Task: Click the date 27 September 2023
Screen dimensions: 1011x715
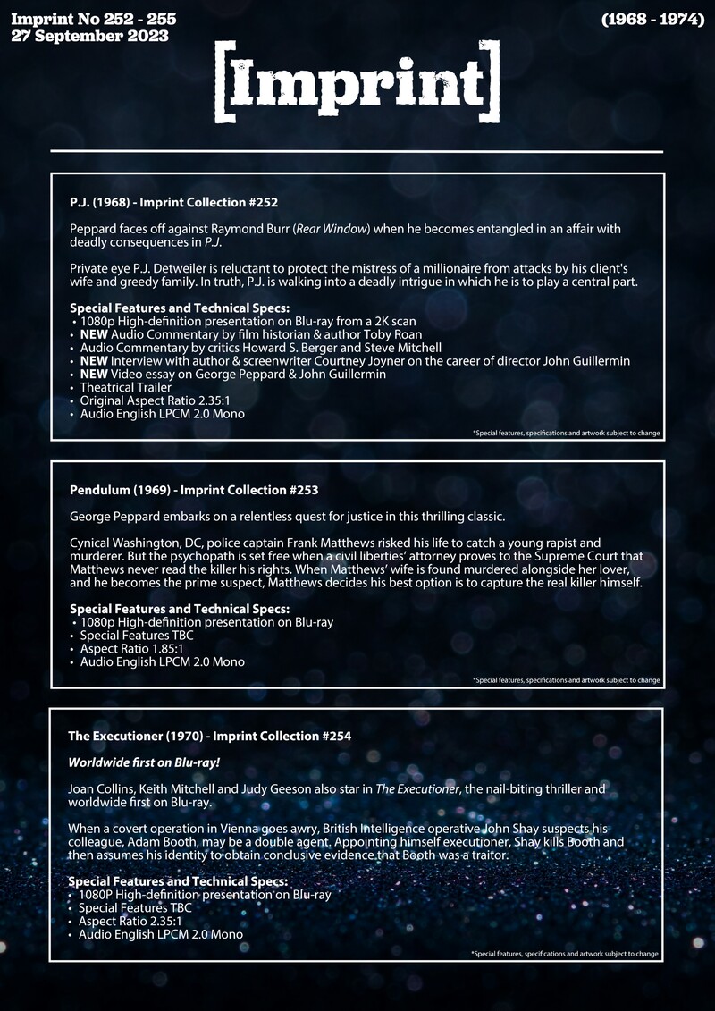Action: [x=89, y=37]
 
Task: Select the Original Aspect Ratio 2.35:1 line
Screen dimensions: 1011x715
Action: [x=155, y=400]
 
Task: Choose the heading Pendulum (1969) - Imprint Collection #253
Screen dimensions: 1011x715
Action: [x=194, y=490]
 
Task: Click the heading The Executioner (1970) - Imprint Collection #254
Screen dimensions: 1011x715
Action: [x=209, y=736]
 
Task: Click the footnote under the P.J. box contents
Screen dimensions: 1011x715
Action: [x=566, y=433]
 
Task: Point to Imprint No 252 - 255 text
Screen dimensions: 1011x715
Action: [x=93, y=18]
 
